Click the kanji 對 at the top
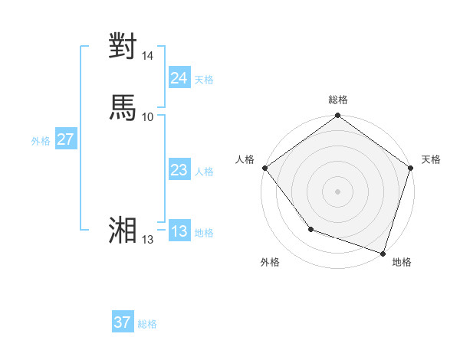point(123,46)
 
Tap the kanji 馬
point(123,106)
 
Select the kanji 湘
point(123,230)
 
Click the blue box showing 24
point(179,78)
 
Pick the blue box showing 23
point(179,170)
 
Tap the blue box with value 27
point(65,139)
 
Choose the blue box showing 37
point(123,322)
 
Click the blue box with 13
point(179,231)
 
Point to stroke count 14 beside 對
point(148,56)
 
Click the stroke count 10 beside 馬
point(148,116)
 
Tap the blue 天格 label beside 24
point(204,80)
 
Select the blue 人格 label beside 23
point(204,172)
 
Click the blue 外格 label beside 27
point(40,141)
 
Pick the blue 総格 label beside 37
point(147,324)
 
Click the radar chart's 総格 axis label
point(338,100)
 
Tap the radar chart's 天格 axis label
point(431,159)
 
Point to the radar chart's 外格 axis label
point(270,262)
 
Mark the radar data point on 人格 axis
point(264,168)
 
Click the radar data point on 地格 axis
point(383,252)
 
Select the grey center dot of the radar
point(337,191)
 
